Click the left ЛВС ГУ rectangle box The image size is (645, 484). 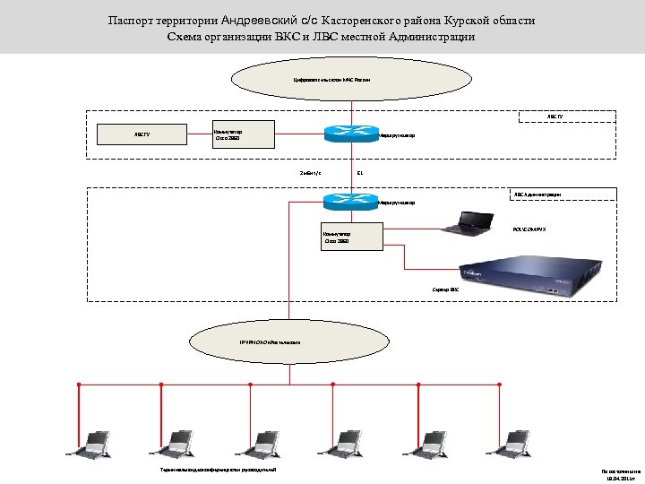pyautogui.click(x=143, y=135)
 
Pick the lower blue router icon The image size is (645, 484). pyautogui.click(x=351, y=201)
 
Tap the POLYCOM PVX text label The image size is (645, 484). pyautogui.click(x=529, y=230)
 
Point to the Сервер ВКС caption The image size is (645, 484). pyautogui.click(x=445, y=290)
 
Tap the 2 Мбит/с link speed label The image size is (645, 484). pyautogui.click(x=310, y=172)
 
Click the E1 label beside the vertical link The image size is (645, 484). pyautogui.click(x=359, y=172)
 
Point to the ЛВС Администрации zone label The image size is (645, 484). pyautogui.click(x=537, y=194)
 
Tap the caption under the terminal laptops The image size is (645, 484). pyautogui.click(x=212, y=470)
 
